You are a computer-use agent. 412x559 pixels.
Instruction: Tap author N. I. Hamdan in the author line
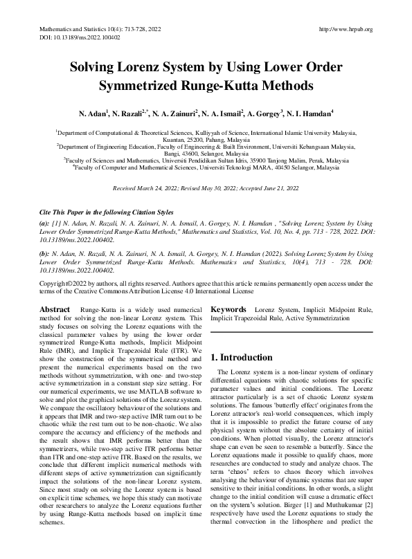(x=309, y=112)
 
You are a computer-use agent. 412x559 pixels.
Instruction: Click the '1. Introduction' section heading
(x=240, y=358)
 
